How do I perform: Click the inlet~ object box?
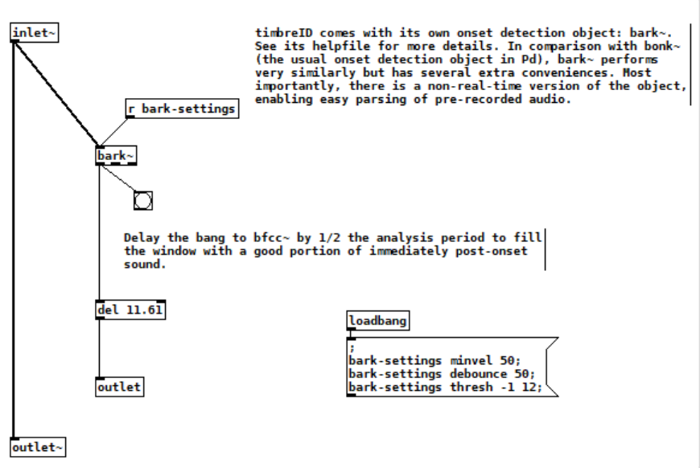click(x=35, y=33)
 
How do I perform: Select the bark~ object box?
click(x=116, y=156)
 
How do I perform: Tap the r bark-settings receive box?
click(x=182, y=109)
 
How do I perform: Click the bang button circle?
click(x=143, y=201)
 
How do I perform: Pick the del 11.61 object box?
click(x=130, y=310)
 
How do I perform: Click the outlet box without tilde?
click(x=120, y=387)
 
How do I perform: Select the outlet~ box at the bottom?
click(x=38, y=447)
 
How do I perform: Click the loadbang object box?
click(x=377, y=321)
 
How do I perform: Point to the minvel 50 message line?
click(x=434, y=360)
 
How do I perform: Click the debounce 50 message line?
click(x=442, y=374)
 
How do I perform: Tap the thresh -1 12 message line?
click(x=446, y=388)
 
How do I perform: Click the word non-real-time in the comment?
click(x=474, y=86)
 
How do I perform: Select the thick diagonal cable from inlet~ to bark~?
click(x=56, y=94)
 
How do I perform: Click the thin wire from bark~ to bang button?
click(x=117, y=179)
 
